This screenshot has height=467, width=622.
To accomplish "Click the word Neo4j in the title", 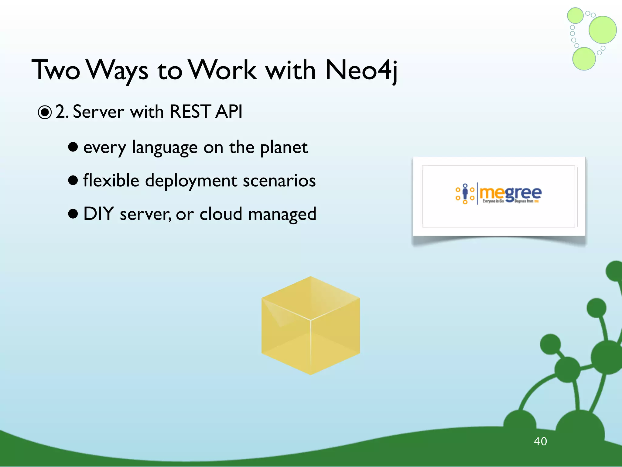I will pos(361,71).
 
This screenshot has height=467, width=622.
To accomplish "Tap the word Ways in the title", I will pos(118,71).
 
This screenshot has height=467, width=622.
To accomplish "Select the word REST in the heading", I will pos(190,111).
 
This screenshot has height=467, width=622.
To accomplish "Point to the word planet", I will pos(284,148).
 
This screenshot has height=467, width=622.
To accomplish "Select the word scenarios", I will pos(279,181).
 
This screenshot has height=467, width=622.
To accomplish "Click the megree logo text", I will pos(510,193).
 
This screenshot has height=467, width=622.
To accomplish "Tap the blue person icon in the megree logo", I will pos(465,193).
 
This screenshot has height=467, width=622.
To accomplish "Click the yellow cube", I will pos(310,325).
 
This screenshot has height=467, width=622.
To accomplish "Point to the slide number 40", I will pos(540,441).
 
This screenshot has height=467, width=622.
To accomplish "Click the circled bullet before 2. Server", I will pos(45,112).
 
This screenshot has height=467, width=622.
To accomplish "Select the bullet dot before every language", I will pos(73,147).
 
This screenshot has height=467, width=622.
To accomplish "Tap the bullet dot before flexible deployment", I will pos(73,180).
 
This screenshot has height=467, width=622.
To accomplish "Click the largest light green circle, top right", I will pos(602,30).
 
